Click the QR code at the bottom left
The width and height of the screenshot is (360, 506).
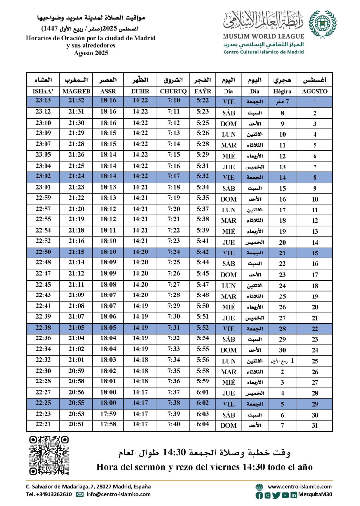[x=48, y=455]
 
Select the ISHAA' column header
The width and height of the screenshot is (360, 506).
[x=44, y=91]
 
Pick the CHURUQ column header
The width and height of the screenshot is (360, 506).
[x=174, y=91]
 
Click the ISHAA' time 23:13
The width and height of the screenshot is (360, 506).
[x=44, y=102]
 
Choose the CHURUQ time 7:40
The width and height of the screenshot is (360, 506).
[x=174, y=425]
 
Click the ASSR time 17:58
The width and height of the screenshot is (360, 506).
[x=108, y=425]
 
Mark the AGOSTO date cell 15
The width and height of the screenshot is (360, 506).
[x=315, y=253]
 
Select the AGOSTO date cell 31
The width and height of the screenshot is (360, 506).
[x=315, y=425]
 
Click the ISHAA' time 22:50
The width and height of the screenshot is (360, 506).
[x=44, y=253]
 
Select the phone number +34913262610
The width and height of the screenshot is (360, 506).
[x=48, y=494]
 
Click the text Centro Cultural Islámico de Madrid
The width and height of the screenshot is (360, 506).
[x=264, y=51]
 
